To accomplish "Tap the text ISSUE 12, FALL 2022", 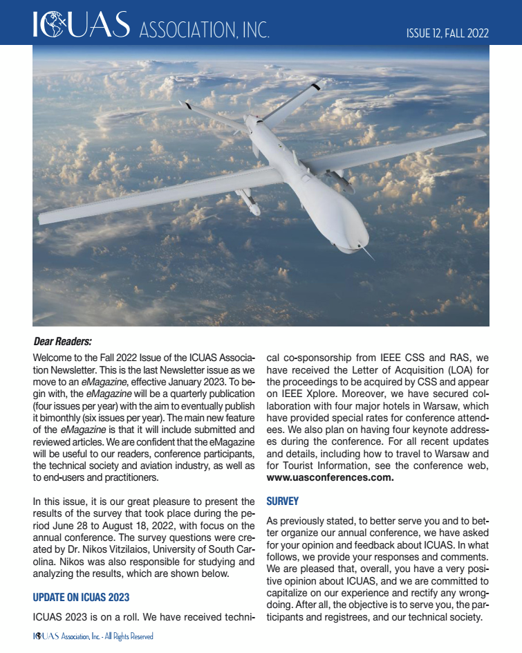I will click(447, 33).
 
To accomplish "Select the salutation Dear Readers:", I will click(63, 341).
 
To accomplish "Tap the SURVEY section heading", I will click(282, 501).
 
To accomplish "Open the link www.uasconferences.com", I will click(330, 477).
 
